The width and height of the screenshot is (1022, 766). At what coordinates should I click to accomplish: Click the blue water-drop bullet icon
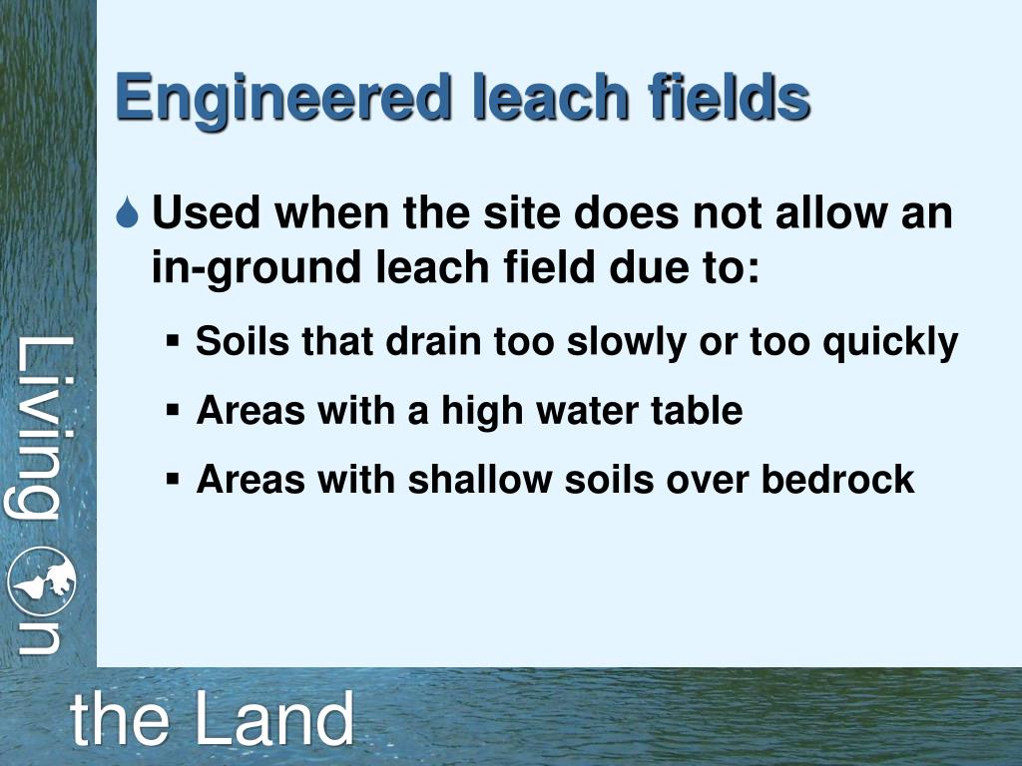[128, 214]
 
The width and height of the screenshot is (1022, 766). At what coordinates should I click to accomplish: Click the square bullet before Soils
[173, 342]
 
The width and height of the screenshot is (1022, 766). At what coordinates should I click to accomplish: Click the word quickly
[889, 342]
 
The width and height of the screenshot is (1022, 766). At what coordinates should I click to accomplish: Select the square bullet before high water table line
[173, 410]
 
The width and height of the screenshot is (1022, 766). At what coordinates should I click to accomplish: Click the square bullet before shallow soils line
[173, 479]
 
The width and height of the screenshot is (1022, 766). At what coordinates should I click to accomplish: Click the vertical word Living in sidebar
[44, 429]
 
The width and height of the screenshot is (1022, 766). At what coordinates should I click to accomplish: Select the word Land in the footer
[273, 719]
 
